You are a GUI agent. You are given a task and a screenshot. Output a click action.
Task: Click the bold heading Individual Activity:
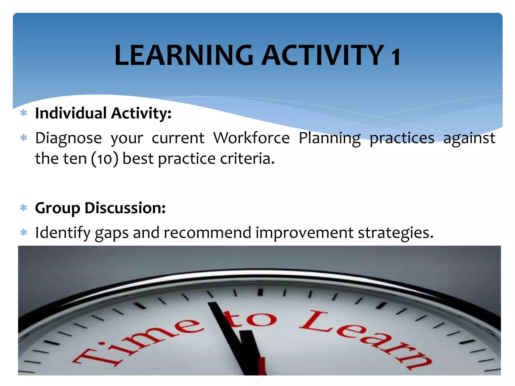pos(103,113)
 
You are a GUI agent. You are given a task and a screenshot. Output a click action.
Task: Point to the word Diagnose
pos(68,138)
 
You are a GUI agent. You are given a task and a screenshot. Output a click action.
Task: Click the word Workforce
pos(251,138)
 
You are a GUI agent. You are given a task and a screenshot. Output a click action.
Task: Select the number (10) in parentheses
pos(105,159)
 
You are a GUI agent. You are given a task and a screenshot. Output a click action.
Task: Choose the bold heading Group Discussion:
pos(100,208)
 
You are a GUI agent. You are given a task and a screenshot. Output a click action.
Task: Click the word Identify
pos(63,233)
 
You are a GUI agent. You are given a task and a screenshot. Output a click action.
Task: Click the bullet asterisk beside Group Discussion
pos(24,208)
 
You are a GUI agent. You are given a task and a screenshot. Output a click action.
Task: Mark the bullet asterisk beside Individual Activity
pos(24,113)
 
